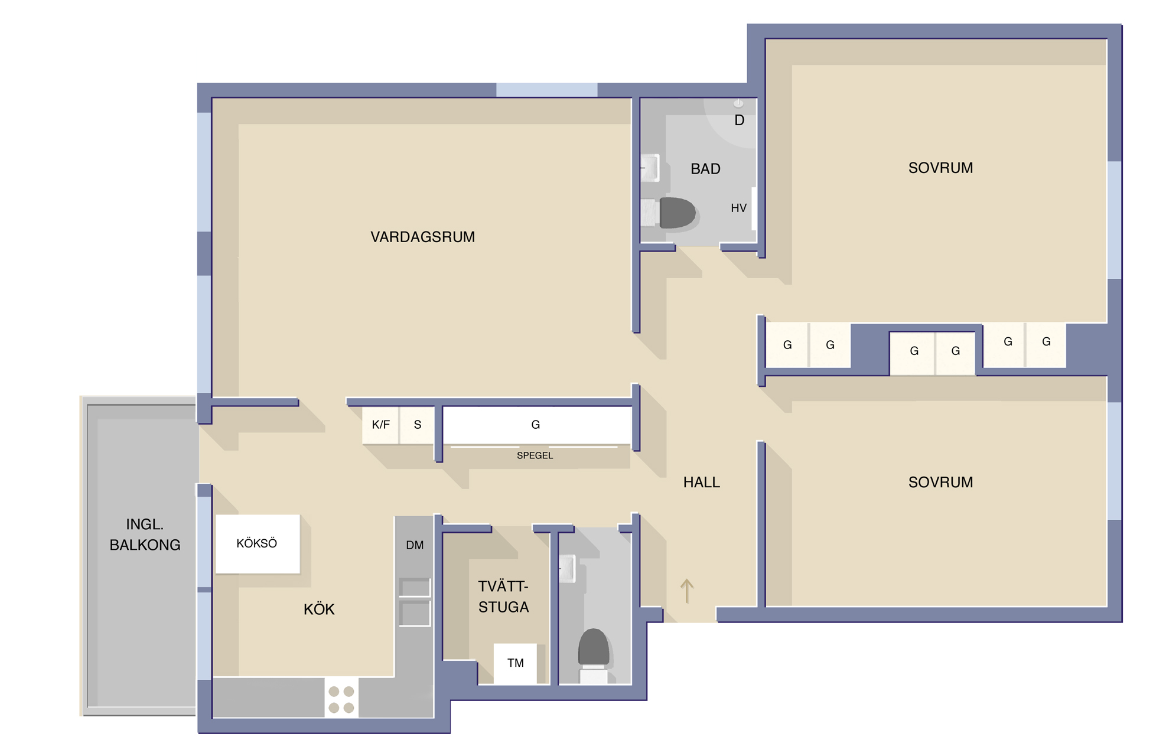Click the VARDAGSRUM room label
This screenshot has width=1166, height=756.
(x=422, y=237)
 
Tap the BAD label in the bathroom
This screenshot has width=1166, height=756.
(x=705, y=169)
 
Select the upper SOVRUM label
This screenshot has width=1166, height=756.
(x=940, y=168)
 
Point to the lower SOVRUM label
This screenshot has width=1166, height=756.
(x=940, y=482)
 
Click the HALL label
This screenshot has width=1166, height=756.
(x=701, y=482)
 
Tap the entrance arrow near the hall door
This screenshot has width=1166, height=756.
(x=686, y=591)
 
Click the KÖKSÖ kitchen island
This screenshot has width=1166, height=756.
(x=258, y=543)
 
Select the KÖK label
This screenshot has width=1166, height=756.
(x=319, y=609)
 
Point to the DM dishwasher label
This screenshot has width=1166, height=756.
(x=415, y=545)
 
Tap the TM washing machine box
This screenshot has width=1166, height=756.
(x=515, y=663)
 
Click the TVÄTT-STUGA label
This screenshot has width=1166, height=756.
(x=503, y=597)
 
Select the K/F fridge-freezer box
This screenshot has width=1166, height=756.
(x=380, y=425)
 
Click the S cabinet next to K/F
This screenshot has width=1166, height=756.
(x=418, y=425)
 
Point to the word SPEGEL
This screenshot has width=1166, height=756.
(x=535, y=455)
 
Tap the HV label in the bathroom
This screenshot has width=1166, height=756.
(x=738, y=208)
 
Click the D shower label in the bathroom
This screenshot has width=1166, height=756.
(x=739, y=120)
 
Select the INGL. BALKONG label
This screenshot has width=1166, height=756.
(x=145, y=535)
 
